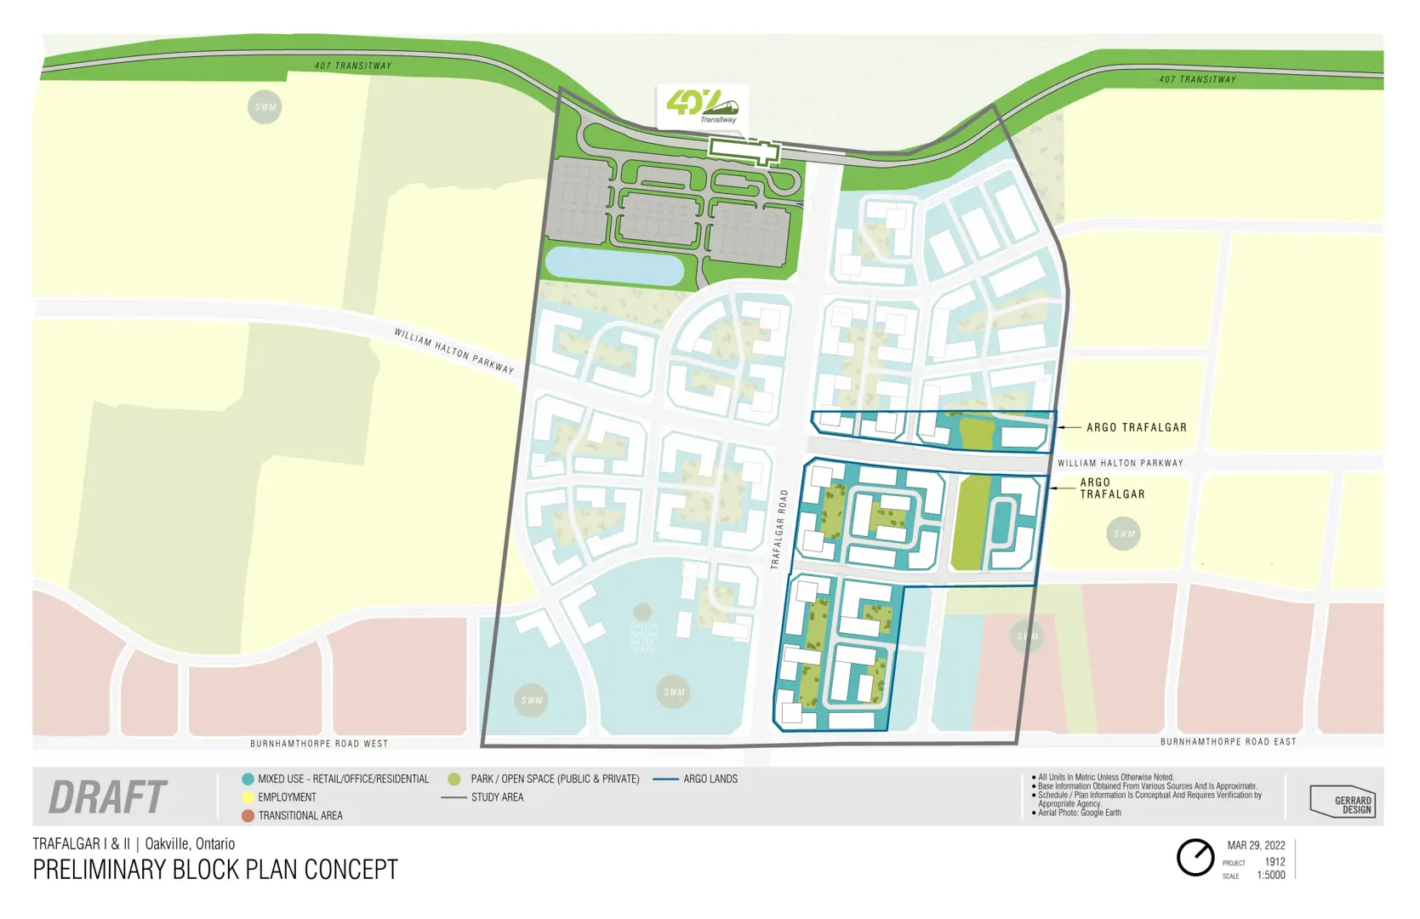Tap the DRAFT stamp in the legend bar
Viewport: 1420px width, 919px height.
point(107,797)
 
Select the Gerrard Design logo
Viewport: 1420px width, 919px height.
point(1343,802)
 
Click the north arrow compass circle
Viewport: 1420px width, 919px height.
point(1195,857)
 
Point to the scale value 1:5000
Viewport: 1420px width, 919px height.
point(1270,875)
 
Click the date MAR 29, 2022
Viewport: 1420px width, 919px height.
point(1256,845)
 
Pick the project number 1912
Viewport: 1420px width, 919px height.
point(1274,861)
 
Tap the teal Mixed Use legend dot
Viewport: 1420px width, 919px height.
point(248,779)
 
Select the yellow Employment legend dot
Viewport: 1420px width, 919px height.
point(248,797)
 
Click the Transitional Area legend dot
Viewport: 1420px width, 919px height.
point(248,815)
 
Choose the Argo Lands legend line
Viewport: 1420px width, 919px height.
point(665,779)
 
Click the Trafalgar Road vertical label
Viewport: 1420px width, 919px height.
point(779,528)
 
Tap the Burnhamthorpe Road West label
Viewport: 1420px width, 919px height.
point(319,744)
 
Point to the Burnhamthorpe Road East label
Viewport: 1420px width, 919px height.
point(1228,742)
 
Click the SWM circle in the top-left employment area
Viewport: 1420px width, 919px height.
point(265,107)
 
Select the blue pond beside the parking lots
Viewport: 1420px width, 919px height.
point(613,265)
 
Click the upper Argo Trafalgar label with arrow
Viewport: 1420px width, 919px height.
point(1136,427)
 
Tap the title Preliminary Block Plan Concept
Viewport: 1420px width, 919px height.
point(215,870)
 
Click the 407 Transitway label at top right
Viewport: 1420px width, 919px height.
point(1196,79)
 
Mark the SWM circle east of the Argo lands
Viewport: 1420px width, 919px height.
point(1123,534)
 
